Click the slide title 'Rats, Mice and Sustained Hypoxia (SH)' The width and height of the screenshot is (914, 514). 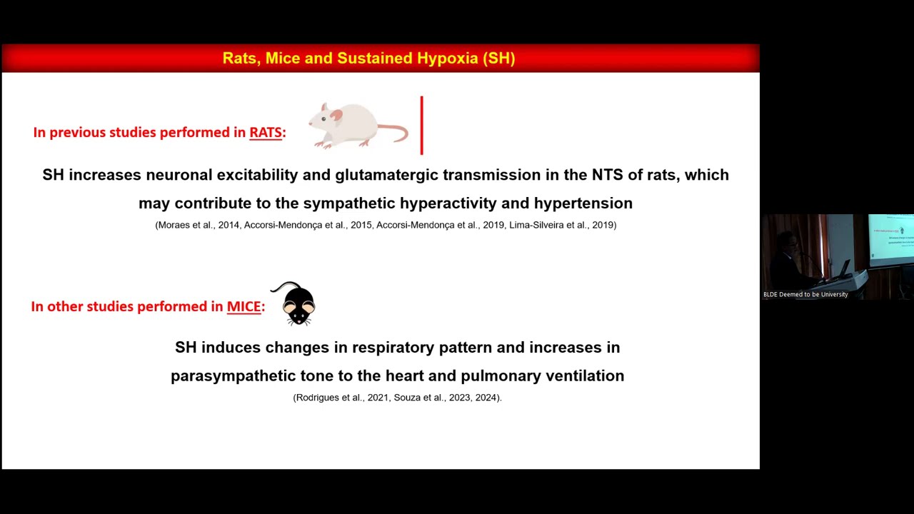368,59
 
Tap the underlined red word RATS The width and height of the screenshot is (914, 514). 266,133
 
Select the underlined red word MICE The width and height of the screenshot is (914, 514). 243,307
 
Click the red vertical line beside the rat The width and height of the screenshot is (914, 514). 422,126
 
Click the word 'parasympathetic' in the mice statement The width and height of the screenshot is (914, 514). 232,376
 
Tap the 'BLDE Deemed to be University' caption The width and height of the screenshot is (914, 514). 805,294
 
